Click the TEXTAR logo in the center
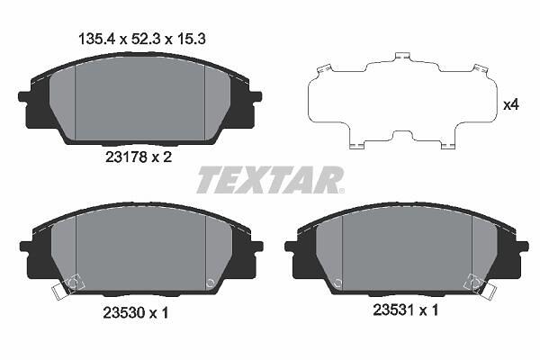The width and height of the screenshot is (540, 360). [270, 180]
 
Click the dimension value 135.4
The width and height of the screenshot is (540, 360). [97, 39]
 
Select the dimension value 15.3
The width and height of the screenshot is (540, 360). [190, 39]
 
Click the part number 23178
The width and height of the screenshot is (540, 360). [126, 157]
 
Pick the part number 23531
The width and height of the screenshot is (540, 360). [393, 310]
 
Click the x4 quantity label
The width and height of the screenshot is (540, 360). [510, 105]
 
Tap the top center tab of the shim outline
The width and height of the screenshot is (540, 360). [402, 57]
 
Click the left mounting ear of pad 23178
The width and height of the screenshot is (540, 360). [24, 96]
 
